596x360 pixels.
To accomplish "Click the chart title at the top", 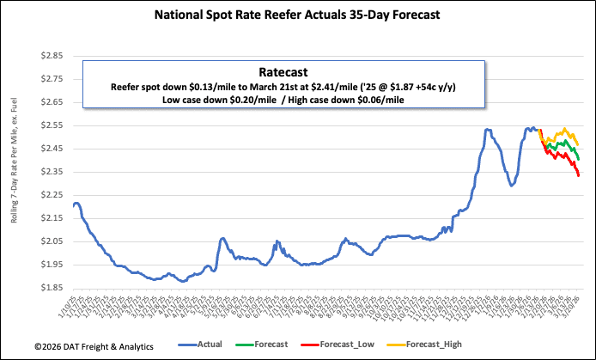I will [x=299, y=15].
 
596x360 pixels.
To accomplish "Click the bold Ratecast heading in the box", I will [x=283, y=72].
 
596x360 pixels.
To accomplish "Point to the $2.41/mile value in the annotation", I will [x=355, y=87].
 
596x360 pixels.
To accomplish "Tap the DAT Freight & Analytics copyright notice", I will [x=81, y=345].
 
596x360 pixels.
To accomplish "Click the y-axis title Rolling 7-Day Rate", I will [x=15, y=172].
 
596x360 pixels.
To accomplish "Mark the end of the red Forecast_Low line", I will [x=579, y=175].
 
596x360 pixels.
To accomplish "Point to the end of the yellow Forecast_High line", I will [x=579, y=144].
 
